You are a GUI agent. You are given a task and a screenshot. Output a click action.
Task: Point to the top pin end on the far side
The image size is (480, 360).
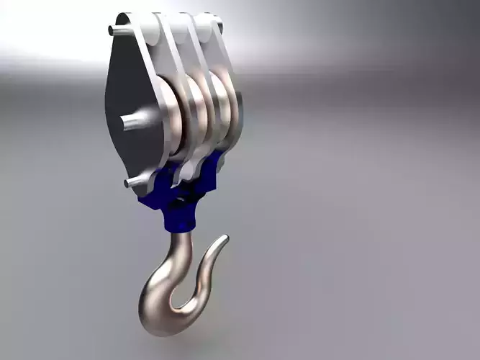click(218, 27)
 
